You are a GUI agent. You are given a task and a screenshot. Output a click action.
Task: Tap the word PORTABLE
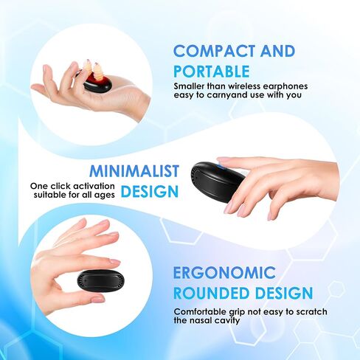pyautogui.click(x=212, y=72)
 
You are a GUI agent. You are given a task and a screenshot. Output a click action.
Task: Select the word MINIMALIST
pyautogui.click(x=134, y=170)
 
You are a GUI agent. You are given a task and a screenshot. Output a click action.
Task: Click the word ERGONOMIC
pyautogui.click(x=224, y=272)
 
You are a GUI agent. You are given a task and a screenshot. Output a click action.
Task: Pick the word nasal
pyautogui.click(x=201, y=321)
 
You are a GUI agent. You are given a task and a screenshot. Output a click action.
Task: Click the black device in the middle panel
pyautogui.click(x=215, y=182)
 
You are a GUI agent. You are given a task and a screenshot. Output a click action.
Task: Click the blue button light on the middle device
pyautogui.click(x=223, y=167)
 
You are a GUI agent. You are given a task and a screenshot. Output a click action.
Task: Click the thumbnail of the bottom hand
pyautogui.click(x=98, y=300)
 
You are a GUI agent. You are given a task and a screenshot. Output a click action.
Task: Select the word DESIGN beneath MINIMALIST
pyautogui.click(x=150, y=192)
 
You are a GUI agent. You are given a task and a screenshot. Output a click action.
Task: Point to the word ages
pyautogui.click(x=105, y=195)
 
